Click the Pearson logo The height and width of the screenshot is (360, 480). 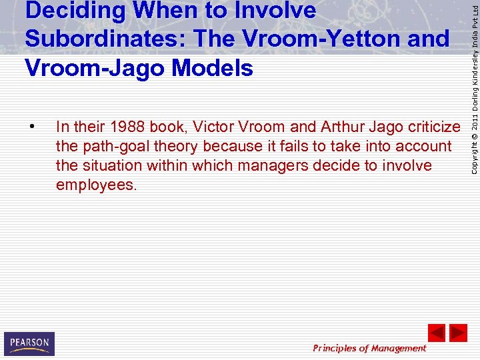click(29, 343)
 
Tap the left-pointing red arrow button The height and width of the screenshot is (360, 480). click(436, 333)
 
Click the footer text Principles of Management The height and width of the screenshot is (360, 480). click(369, 348)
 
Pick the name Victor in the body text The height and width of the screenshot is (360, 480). click(213, 127)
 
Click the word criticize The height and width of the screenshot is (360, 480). click(430, 127)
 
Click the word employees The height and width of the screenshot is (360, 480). click(96, 185)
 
